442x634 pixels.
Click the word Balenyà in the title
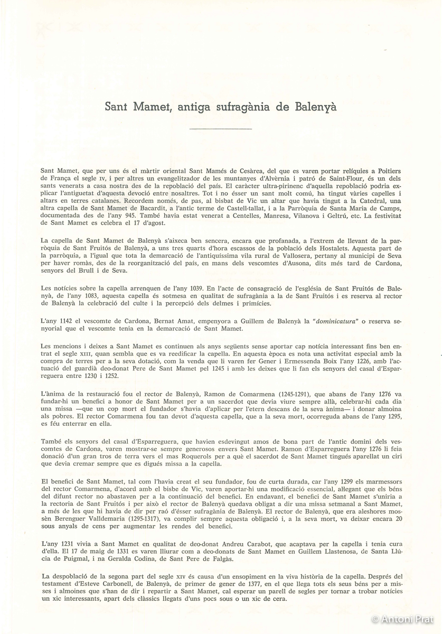pos(313,107)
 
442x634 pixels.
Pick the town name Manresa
pos(273,216)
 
